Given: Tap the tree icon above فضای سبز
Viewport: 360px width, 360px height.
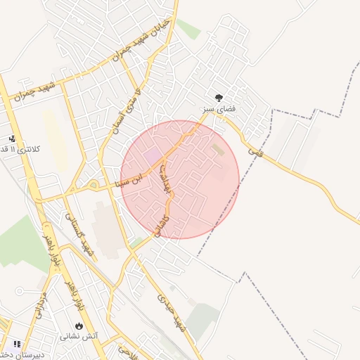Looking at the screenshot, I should click(219, 98).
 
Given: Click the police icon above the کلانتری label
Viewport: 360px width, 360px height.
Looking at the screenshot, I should click(11, 139).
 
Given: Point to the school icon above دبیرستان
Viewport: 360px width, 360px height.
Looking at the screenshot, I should click(16, 344).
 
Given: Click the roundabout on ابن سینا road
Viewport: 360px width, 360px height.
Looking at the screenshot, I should click(94, 186).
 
